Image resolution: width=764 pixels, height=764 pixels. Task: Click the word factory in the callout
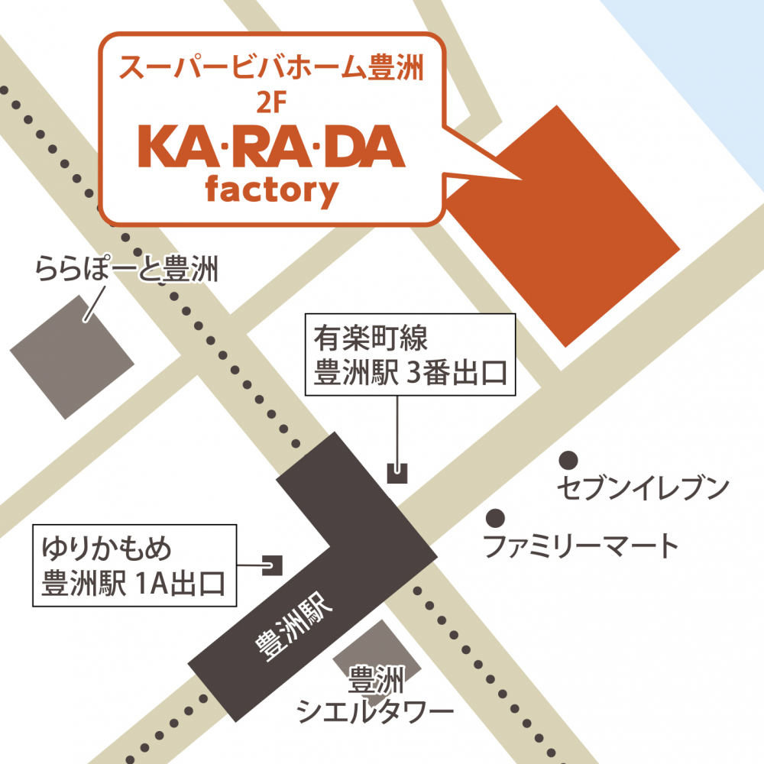point(271,190)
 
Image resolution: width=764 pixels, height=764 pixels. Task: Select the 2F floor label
point(271,106)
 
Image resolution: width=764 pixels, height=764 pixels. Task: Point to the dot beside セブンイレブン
point(568,459)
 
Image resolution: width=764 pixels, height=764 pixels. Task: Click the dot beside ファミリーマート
point(496,517)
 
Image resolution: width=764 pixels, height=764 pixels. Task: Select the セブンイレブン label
point(643,487)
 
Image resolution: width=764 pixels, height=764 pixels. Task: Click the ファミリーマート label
point(581,545)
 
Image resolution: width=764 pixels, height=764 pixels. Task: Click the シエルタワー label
point(375,712)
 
